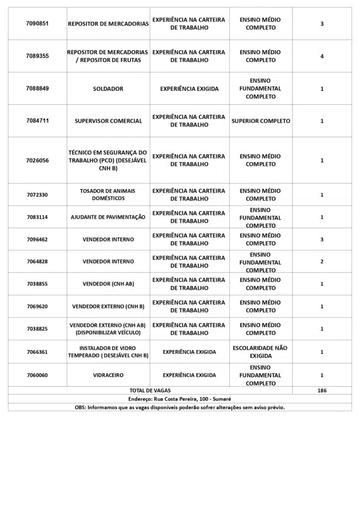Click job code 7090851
[x=37, y=24]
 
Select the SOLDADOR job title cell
[x=108, y=89]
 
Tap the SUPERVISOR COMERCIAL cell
[x=108, y=121]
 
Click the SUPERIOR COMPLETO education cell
[x=261, y=121]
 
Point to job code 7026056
[x=37, y=161]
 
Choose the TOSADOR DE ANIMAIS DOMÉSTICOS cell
[x=108, y=194]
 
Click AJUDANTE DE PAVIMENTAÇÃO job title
[x=108, y=217]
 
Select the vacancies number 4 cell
[x=322, y=56]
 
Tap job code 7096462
[x=37, y=240]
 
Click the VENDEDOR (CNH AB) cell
[x=108, y=284]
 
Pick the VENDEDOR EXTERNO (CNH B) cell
[x=108, y=306]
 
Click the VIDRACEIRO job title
[x=108, y=375]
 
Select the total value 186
[x=322, y=391]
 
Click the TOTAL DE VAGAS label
[x=150, y=391]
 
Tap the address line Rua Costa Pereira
[x=180, y=399]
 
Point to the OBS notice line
[x=180, y=407]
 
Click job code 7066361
[x=37, y=352]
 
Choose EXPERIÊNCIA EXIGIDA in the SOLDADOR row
[x=189, y=89]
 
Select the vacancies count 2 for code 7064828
[x=322, y=261]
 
